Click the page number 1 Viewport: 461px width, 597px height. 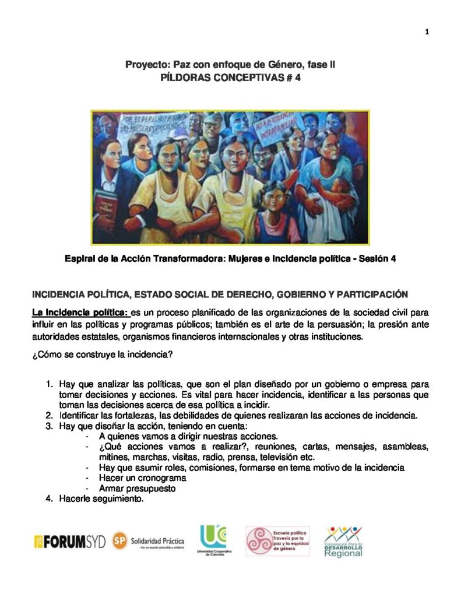click(427, 31)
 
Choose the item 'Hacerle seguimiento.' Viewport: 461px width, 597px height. click(101, 499)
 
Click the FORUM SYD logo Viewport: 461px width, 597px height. click(70, 542)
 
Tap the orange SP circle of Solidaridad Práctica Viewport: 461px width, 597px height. click(120, 540)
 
